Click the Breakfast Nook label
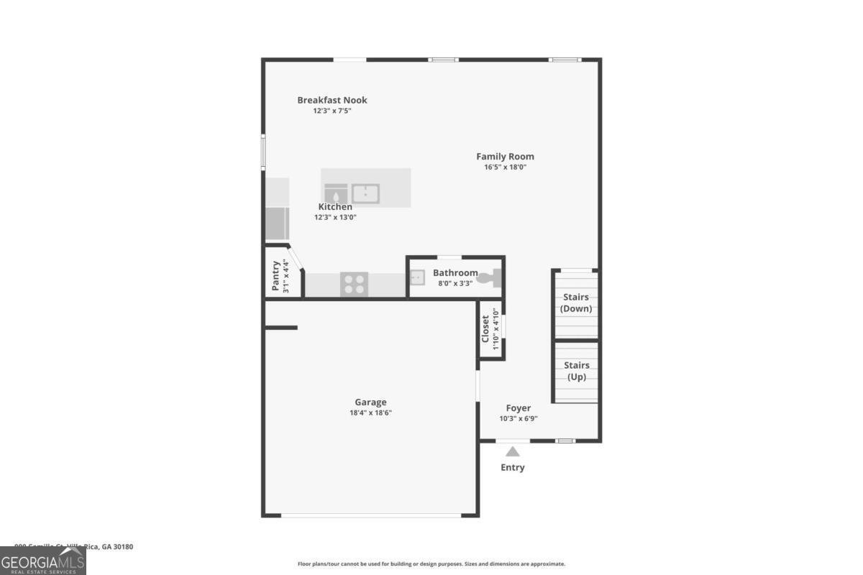coord(332,100)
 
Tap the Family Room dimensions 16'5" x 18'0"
coord(506,167)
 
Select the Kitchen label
coord(335,207)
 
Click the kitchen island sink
coord(365,193)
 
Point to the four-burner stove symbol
coord(354,284)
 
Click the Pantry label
coord(275,276)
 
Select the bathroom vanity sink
coord(418,276)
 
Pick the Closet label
coord(485,328)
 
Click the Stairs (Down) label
coord(576,303)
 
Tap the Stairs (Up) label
coord(577,371)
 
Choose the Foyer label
coord(518,408)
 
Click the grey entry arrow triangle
coord(512,452)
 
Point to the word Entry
coord(513,468)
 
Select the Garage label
coord(370,402)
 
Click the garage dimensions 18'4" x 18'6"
coord(370,413)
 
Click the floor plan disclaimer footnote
coord(431,564)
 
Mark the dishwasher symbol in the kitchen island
coord(336,193)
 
